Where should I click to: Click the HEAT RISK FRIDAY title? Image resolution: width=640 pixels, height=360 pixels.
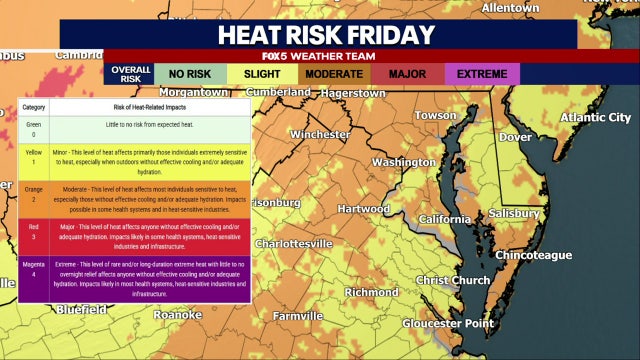point(327,34)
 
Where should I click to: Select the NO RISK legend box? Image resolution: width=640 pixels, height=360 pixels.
point(189,74)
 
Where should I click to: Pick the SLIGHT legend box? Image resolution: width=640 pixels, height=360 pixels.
point(263,74)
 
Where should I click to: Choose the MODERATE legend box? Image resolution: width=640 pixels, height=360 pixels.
point(335,74)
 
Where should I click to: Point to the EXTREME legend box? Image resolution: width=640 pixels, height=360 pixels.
point(482,74)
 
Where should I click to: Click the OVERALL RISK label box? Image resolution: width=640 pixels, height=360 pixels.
point(129,74)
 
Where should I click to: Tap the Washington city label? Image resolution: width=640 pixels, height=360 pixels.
point(403,162)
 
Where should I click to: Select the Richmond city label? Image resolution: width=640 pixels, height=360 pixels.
point(372,292)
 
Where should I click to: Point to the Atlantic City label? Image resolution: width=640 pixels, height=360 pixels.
point(595,117)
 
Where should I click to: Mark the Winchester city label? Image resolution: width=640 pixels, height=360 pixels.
point(320,133)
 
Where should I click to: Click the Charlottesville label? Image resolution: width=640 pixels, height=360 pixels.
point(292,243)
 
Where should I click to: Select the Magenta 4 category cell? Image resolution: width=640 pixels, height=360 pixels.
point(35,269)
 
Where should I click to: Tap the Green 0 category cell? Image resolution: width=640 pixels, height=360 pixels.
point(35,127)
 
